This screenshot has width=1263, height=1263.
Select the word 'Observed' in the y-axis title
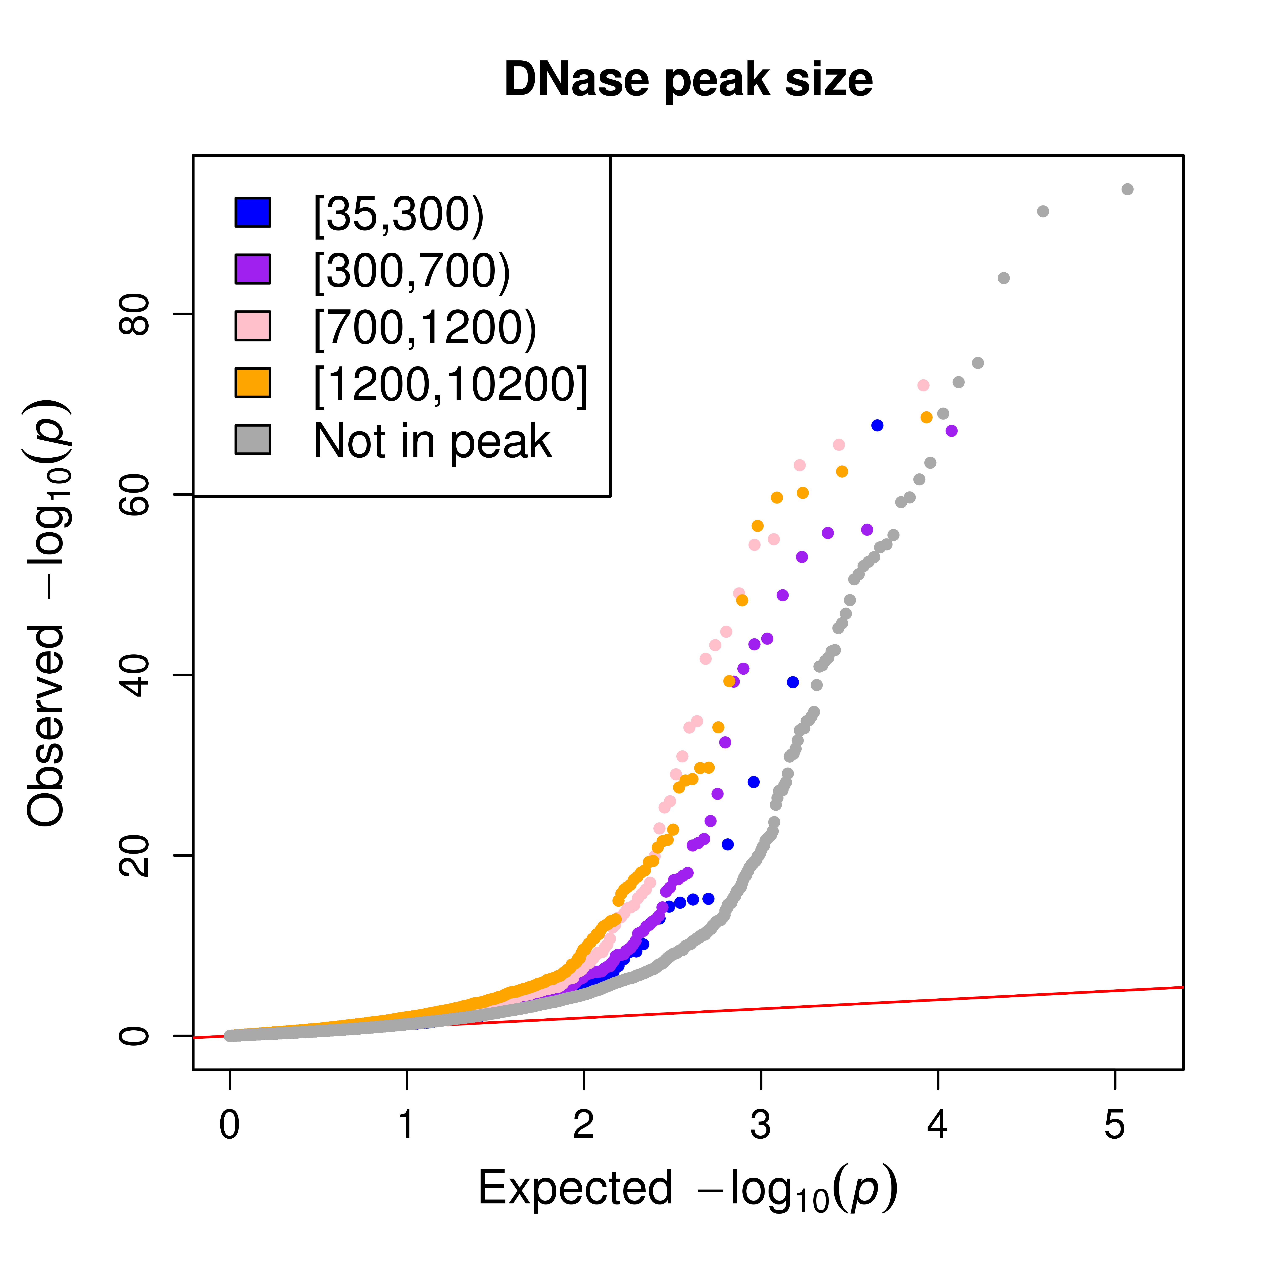[x=46, y=726]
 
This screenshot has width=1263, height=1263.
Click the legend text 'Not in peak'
[x=433, y=441]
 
